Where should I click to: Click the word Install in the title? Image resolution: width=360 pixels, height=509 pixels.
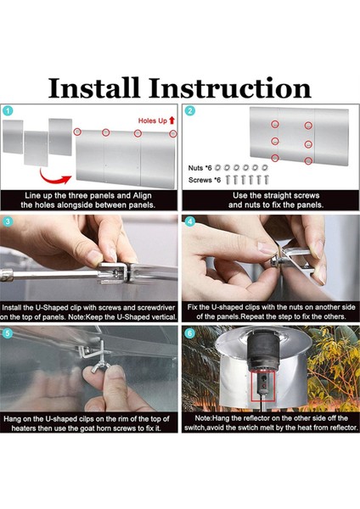coord(94,87)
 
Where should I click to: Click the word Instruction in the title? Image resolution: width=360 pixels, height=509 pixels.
coord(230,87)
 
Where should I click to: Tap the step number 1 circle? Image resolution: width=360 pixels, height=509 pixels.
coord(8,111)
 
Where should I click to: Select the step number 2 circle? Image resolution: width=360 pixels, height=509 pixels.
coord(189,110)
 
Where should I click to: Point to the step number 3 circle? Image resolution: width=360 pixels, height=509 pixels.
coord(8,222)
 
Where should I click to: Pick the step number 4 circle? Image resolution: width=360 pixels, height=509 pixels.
coord(189,222)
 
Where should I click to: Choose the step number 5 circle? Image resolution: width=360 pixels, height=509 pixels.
coord(8,333)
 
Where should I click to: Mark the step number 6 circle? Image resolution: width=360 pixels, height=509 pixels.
coord(189,333)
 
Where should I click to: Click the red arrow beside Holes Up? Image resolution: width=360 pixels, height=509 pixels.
coord(172,120)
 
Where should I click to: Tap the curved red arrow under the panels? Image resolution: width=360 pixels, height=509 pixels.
coord(54,177)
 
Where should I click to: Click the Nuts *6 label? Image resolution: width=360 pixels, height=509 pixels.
coord(200,168)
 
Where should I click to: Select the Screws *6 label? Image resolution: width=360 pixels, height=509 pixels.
coord(205,180)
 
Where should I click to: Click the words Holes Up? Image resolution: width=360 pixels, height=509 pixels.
coord(152,120)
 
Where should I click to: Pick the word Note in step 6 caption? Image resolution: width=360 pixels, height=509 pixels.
coord(202,418)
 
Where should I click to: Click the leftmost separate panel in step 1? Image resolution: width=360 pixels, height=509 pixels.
coord(13,137)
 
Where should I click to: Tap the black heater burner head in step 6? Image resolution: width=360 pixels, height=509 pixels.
coord(263,353)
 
